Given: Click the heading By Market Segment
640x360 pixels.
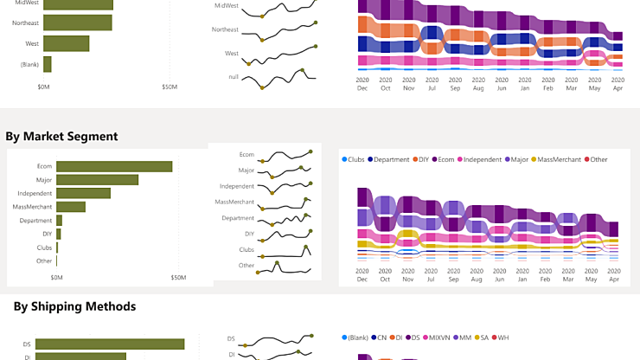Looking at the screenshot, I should coord(61,136).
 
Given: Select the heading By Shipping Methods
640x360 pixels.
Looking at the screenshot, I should coord(74,305).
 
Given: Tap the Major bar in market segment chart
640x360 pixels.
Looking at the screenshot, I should coord(98,180).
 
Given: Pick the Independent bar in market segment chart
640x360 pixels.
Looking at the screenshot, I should coord(84,193).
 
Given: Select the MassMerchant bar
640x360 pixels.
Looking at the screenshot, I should coord(71,207).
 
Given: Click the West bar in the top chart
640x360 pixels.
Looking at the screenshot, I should coord(67,43).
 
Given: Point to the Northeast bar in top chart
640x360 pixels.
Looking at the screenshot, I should coord(78,22).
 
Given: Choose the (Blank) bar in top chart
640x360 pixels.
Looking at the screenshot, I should coord(48,65).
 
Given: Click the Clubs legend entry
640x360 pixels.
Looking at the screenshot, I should coord(353,159).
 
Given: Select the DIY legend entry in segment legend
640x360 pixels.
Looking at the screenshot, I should coord(425,159).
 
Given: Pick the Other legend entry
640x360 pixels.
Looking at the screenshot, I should coord(595,159).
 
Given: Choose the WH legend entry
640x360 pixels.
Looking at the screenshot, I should coord(500,337).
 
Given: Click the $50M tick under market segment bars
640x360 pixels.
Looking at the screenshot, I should coord(178,278).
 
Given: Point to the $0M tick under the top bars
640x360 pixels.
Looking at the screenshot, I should coord(44,87).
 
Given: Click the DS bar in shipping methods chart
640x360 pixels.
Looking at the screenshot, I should coord(113,344).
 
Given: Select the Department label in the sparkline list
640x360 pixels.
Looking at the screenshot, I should coord(238,218).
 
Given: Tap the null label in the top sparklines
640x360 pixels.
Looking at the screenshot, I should coord(234,77).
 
